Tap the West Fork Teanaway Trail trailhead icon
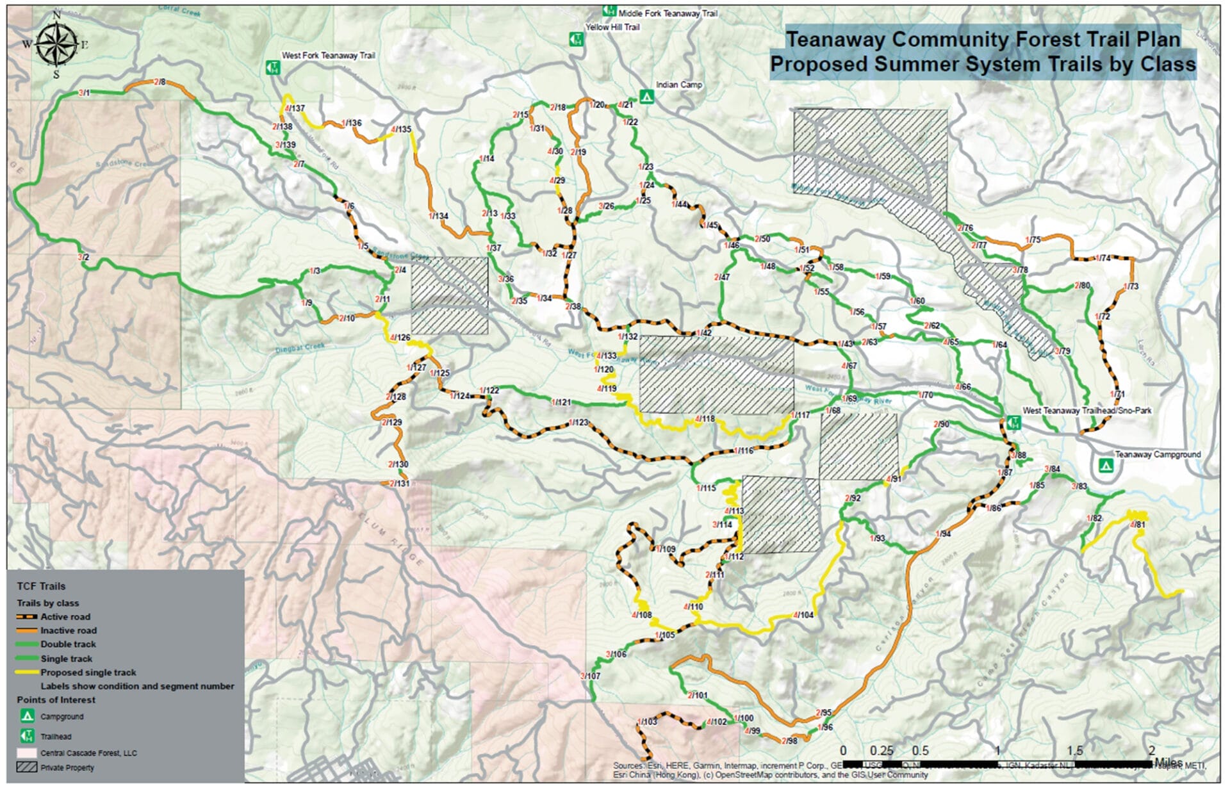[x=272, y=67]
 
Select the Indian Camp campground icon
[x=647, y=96]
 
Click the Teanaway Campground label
[x=1158, y=454]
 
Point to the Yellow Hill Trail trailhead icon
[x=576, y=39]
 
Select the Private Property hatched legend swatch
[x=26, y=767]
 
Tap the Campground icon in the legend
[x=26, y=716]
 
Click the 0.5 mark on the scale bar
[x=921, y=750]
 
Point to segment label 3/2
[x=83, y=257]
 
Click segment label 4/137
[x=295, y=108]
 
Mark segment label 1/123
[x=578, y=422]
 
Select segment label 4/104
[x=803, y=615]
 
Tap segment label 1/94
[x=943, y=534]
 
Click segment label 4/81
[x=1137, y=525]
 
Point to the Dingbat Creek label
[x=300, y=347]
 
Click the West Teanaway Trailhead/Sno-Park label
[x=1086, y=411]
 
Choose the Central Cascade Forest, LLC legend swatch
[x=26, y=753]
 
